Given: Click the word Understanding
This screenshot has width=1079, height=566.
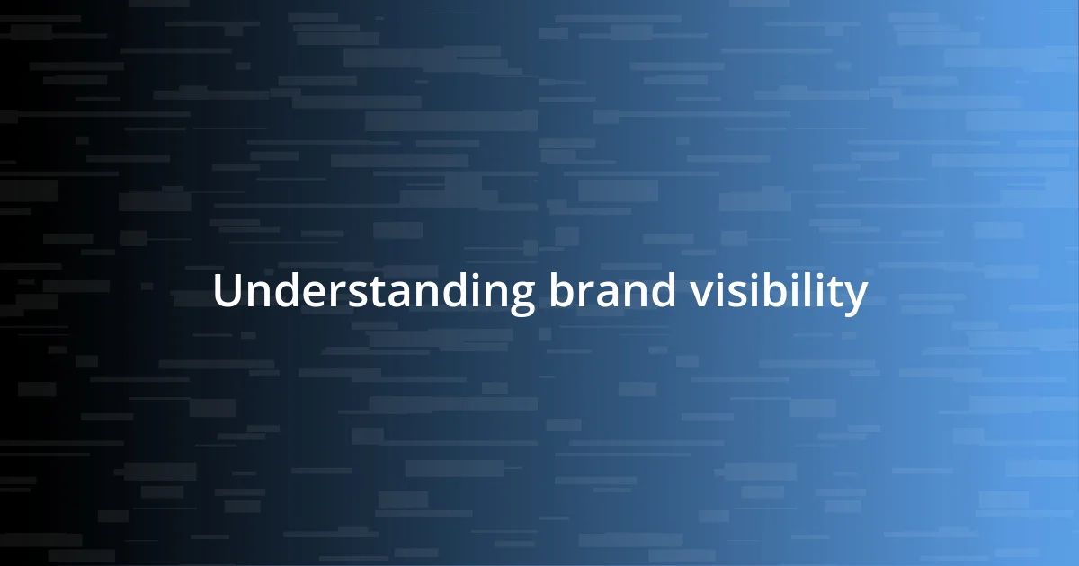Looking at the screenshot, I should tap(373, 293).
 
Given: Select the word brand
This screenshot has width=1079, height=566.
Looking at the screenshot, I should tap(611, 291).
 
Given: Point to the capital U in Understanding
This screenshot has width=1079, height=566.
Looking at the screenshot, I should tap(227, 291).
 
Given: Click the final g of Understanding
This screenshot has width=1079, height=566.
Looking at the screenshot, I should tap(520, 296).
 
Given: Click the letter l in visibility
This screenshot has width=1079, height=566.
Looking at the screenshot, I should tap(816, 290).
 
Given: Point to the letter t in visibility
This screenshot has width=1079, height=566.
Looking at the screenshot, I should tap(838, 292).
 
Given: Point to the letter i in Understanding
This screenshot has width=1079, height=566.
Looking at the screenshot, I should tap(474, 291).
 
